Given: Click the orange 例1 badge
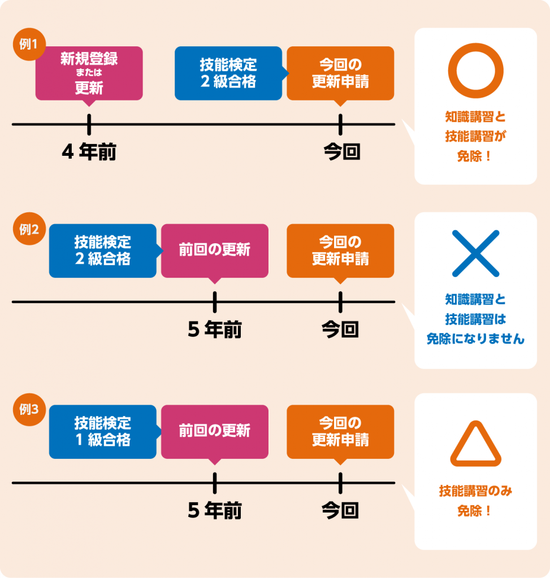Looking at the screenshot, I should tap(28, 45).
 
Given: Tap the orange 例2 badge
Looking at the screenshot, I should tap(28, 230).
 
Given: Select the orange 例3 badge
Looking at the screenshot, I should tap(28, 410).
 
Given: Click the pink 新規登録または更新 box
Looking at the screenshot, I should tap(89, 73).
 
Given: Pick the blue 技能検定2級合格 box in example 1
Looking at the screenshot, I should tap(228, 73).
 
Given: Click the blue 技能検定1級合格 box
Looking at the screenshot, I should tap(102, 431).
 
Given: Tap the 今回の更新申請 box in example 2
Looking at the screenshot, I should tap(340, 251).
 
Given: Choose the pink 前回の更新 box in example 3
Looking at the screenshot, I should tap(215, 431).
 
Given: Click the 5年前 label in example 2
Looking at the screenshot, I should tap(215, 330).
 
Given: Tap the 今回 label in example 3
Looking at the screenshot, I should tap(340, 511).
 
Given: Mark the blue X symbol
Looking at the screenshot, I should tap(475, 253).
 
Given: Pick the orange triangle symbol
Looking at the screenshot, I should tap(475, 444).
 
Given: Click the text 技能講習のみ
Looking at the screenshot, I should tap(475, 492).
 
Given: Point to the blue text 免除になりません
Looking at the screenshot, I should tap(475, 339).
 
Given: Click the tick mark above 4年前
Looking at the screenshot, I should tap(89, 124).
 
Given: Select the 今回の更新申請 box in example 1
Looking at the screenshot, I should tap(340, 73).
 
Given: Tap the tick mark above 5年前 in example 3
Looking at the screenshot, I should tap(215, 483).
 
